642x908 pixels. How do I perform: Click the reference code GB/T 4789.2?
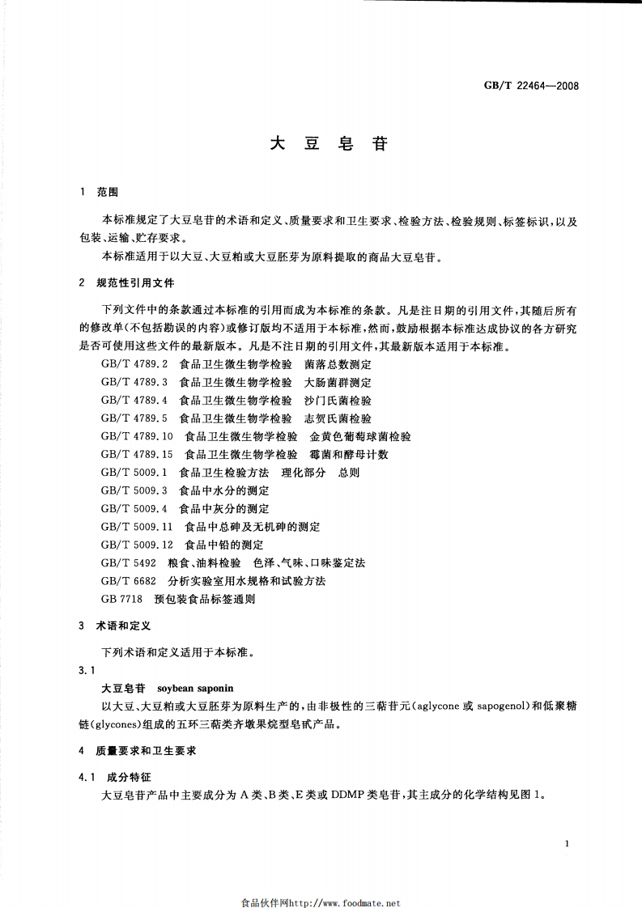coord(134,364)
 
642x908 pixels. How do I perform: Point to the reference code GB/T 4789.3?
coord(134,382)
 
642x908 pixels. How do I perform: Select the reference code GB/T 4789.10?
coord(138,436)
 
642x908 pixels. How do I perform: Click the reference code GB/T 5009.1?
coord(134,473)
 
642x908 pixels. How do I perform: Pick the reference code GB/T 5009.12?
coord(138,545)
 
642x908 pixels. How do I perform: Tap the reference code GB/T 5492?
coord(129,562)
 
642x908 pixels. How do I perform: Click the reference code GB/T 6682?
coord(129,581)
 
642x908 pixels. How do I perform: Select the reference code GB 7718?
coord(122,599)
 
